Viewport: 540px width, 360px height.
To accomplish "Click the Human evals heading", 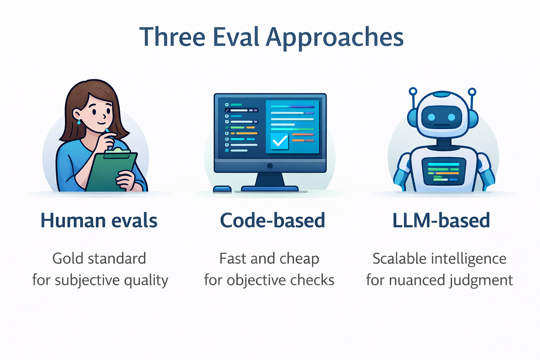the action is [99, 221].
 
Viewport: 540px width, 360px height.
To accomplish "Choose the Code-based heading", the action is [273, 221].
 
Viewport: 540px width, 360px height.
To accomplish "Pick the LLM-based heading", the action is [441, 221].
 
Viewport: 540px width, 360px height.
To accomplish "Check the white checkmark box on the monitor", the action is [280, 141].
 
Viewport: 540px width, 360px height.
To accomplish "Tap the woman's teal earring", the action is [79, 122].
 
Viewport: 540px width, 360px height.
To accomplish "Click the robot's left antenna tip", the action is [413, 91].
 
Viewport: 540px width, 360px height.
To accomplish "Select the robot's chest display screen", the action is [444, 171].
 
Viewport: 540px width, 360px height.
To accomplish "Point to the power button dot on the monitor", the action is [270, 166].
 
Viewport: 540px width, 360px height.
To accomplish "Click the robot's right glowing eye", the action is [452, 117].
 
